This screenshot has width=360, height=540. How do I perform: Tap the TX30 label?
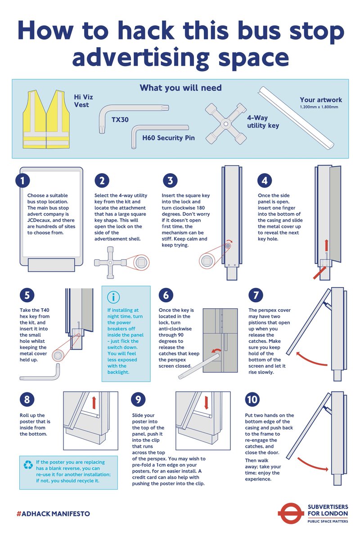(x=120, y=120)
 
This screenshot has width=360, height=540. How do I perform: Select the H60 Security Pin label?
(x=168, y=138)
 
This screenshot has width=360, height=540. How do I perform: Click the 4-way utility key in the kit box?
(x=226, y=124)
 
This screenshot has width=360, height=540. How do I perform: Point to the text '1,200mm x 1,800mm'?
(x=319, y=107)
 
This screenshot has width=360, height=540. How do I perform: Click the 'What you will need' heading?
(x=180, y=88)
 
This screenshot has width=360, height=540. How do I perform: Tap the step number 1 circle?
(x=22, y=180)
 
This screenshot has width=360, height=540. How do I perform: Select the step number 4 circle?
(x=265, y=180)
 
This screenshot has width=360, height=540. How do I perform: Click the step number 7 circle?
(x=256, y=295)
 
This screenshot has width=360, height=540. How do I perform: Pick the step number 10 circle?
(x=252, y=400)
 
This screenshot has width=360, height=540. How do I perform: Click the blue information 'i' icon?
(x=113, y=297)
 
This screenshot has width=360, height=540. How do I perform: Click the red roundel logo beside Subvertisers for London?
(x=291, y=514)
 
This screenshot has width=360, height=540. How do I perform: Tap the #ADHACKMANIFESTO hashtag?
(x=53, y=514)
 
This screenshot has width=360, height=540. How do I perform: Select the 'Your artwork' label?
(x=321, y=100)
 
